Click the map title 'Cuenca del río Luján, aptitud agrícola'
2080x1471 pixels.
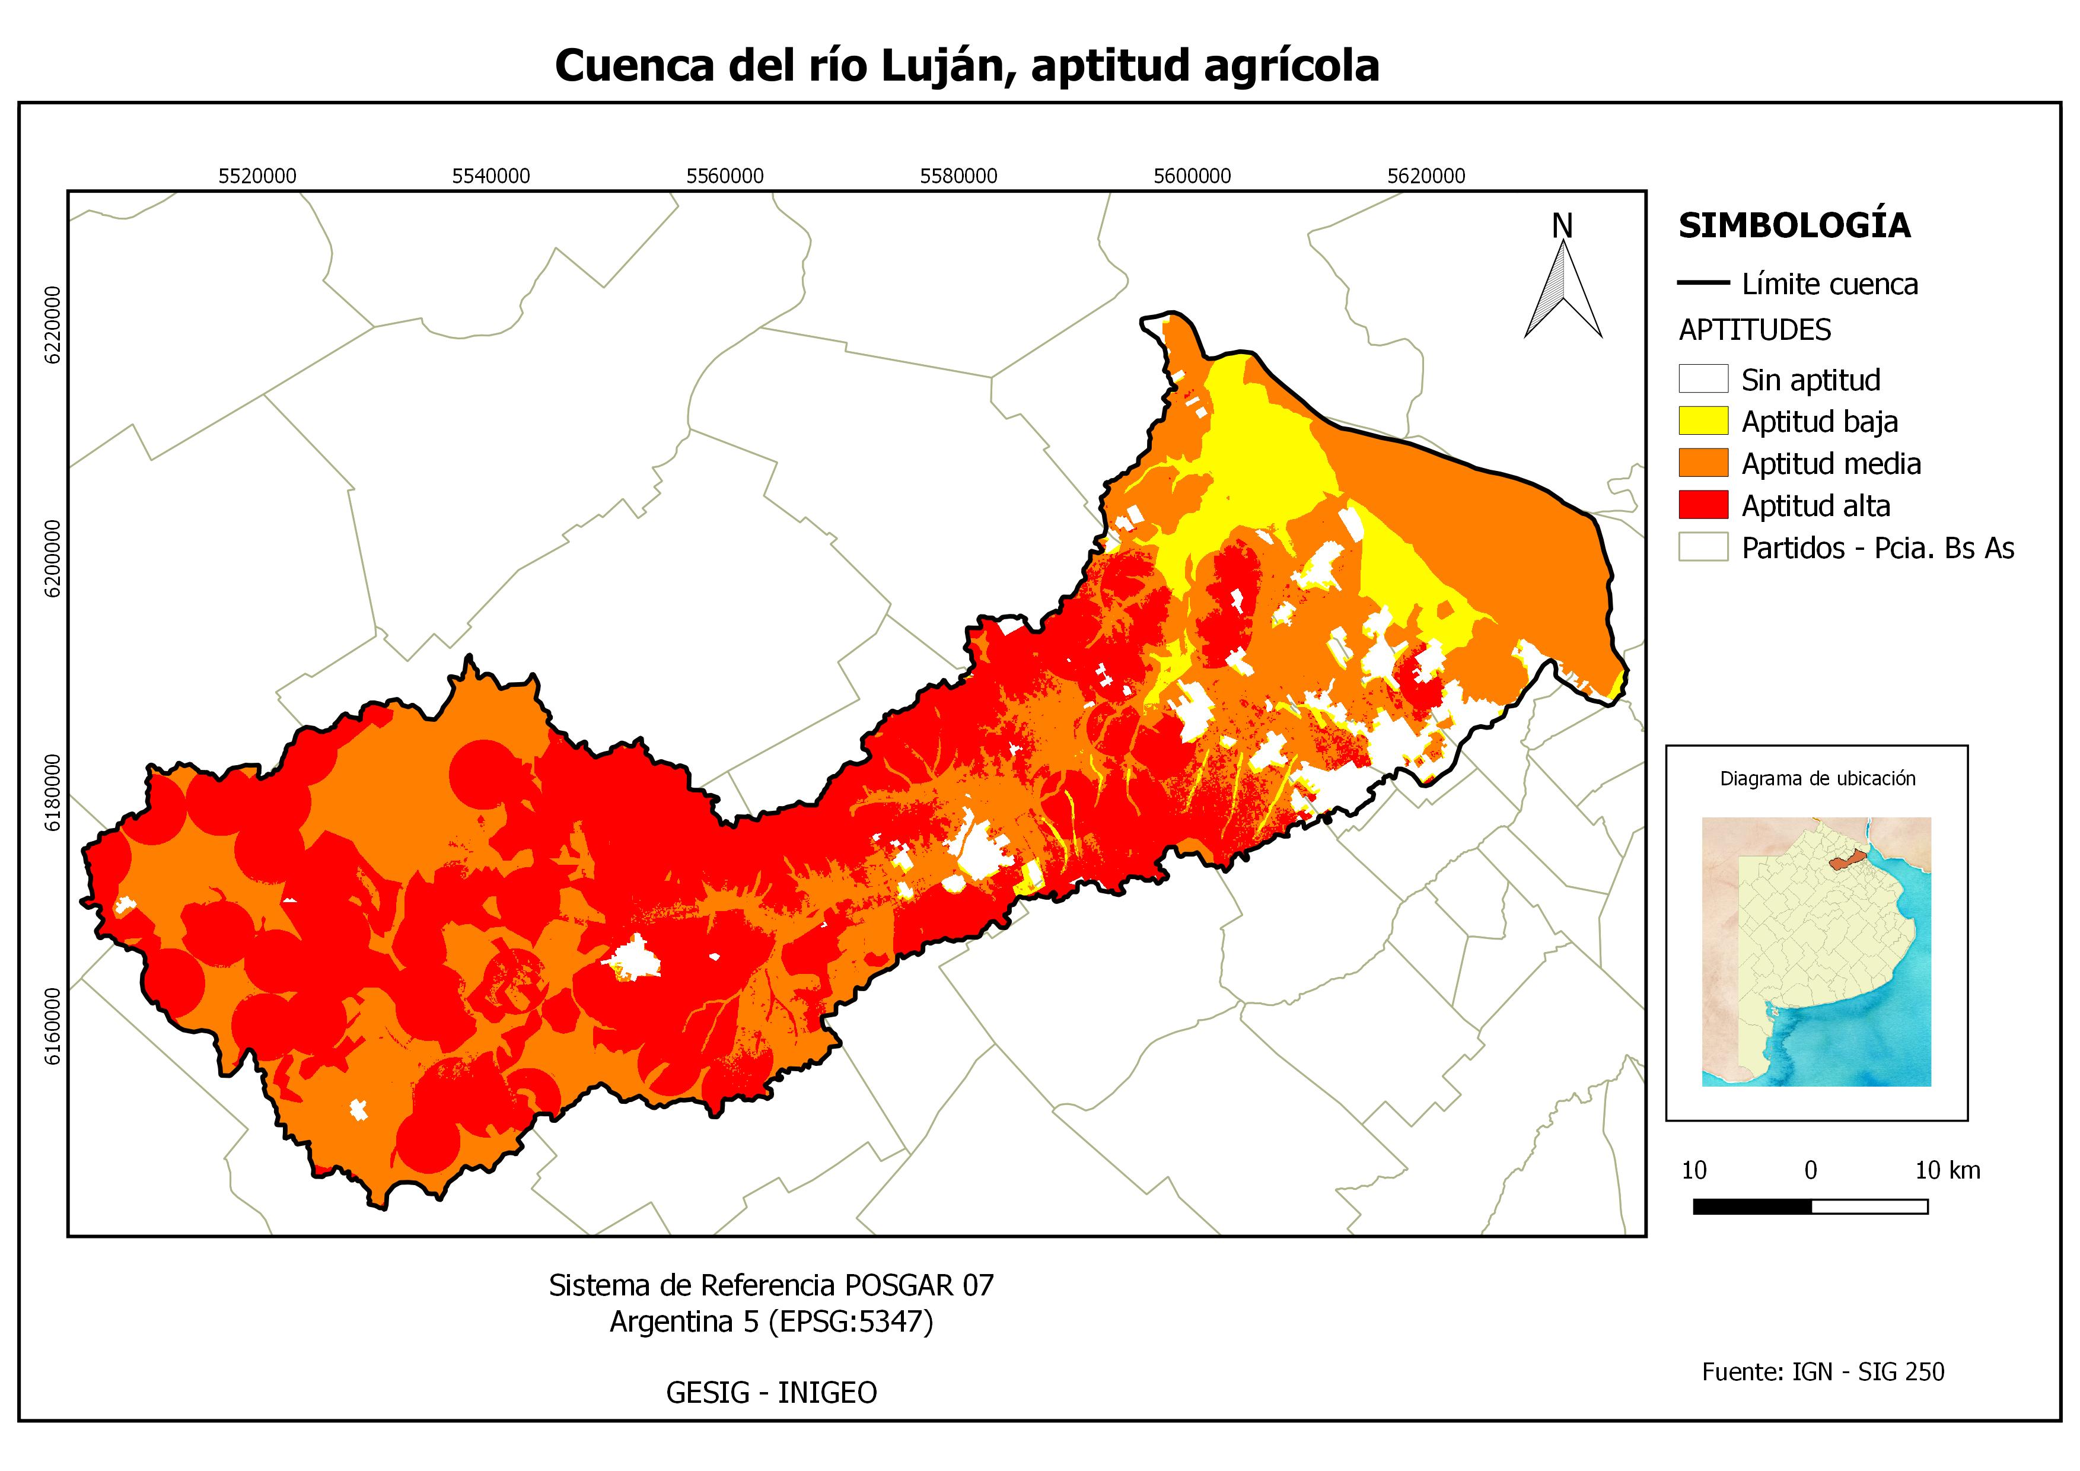967,66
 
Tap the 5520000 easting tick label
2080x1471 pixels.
257,176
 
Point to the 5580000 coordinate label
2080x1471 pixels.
958,176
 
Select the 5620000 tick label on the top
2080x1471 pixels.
1426,176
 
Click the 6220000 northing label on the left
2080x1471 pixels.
53,325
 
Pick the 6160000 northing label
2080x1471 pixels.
53,1026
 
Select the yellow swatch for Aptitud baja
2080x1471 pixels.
1703,421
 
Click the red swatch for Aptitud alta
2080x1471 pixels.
1703,505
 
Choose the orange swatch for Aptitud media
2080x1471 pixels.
1703,463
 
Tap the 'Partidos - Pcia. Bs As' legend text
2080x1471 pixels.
1878,548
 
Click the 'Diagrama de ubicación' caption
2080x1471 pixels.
1817,778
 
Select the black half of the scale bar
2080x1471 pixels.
1752,1206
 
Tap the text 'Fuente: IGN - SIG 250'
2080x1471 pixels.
1823,1373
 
